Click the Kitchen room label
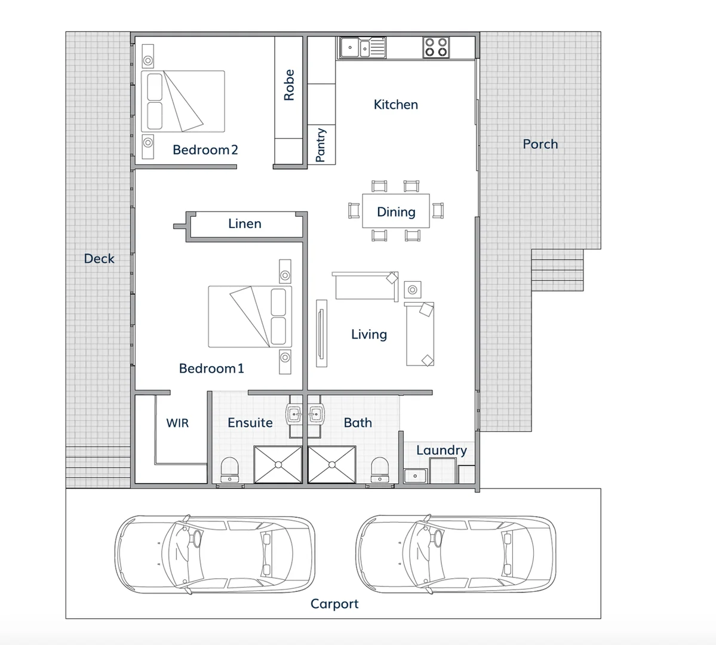click(395, 105)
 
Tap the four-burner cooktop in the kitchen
click(436, 47)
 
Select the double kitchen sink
click(363, 47)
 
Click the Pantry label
click(321, 145)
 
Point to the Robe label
click(289, 85)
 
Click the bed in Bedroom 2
click(183, 101)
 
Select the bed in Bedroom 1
click(250, 317)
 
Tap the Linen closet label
click(245, 223)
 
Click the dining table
click(396, 211)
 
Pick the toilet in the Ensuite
click(230, 469)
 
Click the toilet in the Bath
click(379, 469)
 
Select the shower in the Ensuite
click(278, 464)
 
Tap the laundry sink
click(414, 476)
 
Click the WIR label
click(177, 423)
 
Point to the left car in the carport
click(215, 554)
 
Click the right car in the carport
click(455, 554)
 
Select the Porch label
click(540, 144)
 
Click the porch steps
click(557, 270)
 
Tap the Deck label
click(99, 259)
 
